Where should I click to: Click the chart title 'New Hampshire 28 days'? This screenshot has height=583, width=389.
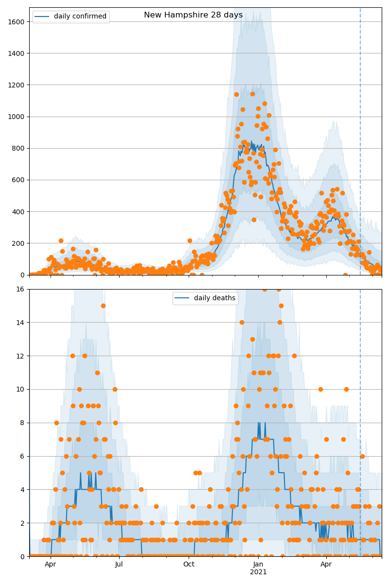tap(193, 15)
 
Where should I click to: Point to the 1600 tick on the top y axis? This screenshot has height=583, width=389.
tap(18, 21)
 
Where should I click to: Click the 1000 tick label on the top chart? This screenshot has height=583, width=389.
tap(18, 117)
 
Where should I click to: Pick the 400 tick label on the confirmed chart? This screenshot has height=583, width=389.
tap(20, 211)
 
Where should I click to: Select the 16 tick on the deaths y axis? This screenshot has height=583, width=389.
tap(22, 289)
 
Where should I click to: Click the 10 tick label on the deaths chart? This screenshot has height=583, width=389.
tap(22, 389)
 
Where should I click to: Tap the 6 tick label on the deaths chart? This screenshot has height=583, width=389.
tap(24, 456)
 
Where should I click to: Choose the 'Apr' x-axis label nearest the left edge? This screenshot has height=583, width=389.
tap(51, 565)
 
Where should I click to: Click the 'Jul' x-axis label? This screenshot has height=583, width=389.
tap(119, 565)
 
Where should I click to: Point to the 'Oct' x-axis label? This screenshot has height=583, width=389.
tap(189, 565)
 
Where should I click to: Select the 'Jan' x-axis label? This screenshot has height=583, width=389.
tap(258, 565)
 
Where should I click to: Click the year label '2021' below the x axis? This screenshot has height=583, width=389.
tap(258, 572)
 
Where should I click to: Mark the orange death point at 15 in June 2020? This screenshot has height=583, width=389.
tap(103, 306)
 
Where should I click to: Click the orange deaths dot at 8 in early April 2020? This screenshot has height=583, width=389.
tap(56, 423)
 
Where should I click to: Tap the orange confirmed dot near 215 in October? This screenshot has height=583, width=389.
tap(190, 240)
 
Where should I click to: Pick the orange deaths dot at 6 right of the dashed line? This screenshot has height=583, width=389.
tap(362, 456)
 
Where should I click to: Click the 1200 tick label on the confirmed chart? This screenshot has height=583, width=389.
tap(18, 85)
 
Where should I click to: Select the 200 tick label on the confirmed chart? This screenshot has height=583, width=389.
tap(20, 243)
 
